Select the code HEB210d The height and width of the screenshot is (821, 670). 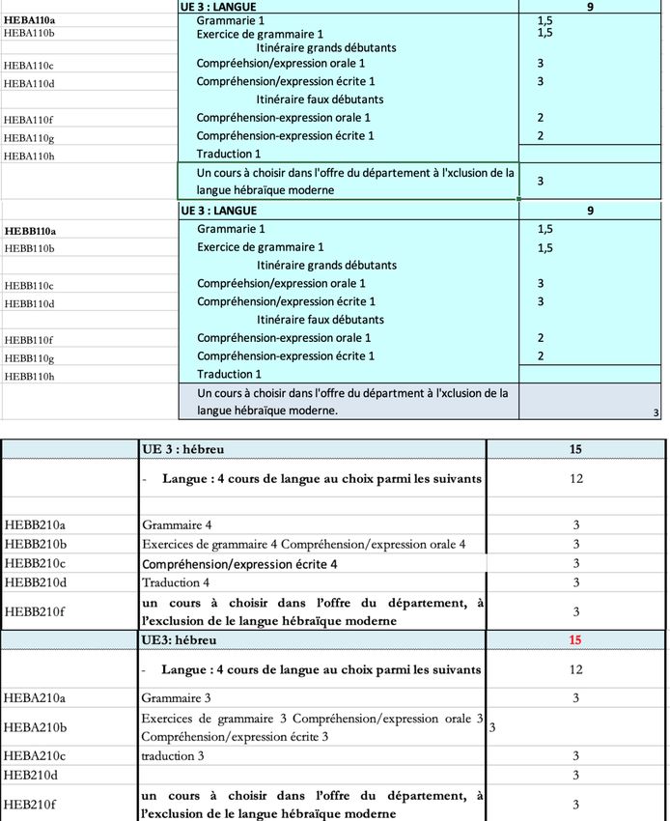(31, 775)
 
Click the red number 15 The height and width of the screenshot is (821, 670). (575, 640)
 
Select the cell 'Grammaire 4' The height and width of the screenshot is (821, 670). (177, 525)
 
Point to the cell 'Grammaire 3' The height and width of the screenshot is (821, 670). (177, 697)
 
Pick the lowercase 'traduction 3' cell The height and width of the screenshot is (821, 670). (173, 756)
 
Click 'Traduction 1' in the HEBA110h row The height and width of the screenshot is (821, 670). (229, 154)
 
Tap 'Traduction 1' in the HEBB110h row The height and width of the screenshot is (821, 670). (229, 374)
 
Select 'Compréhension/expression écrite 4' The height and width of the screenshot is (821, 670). (239, 563)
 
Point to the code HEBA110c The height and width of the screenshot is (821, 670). (30, 66)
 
